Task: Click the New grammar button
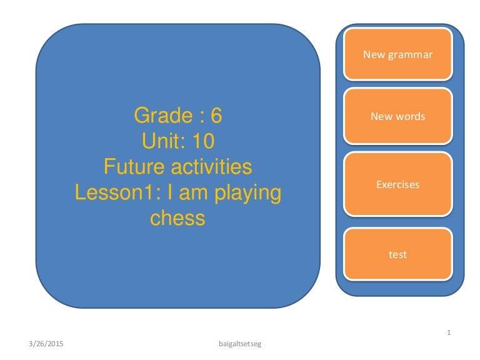click(x=397, y=54)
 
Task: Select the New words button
click(x=397, y=116)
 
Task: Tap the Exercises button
click(x=397, y=184)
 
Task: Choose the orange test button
click(x=397, y=254)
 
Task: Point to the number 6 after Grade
click(x=216, y=116)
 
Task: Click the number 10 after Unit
click(x=203, y=141)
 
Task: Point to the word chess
click(x=177, y=218)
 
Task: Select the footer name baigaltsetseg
click(x=241, y=344)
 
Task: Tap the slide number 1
click(x=449, y=332)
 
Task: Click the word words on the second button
click(x=410, y=116)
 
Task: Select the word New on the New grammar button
click(x=374, y=54)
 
